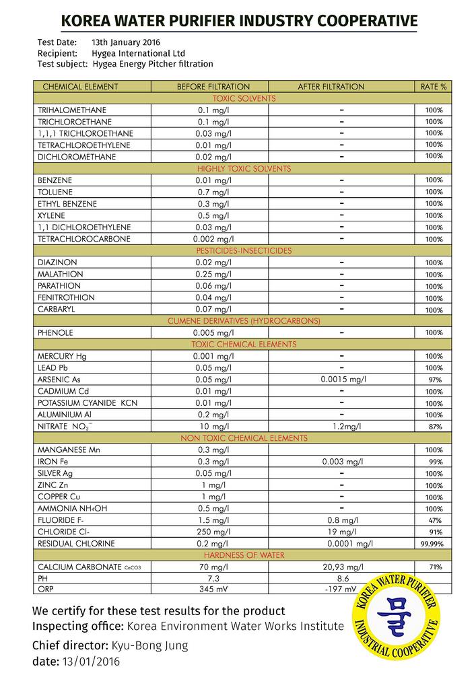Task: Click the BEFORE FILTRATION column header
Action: point(213,87)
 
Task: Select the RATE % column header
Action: point(434,87)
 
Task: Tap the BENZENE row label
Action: point(55,180)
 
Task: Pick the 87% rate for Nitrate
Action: point(434,427)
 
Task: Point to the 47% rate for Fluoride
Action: point(434,520)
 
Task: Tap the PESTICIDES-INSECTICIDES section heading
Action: point(243,250)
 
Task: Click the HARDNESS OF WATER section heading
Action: point(243,555)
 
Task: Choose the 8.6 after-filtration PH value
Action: point(341,578)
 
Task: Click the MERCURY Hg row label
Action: point(63,356)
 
